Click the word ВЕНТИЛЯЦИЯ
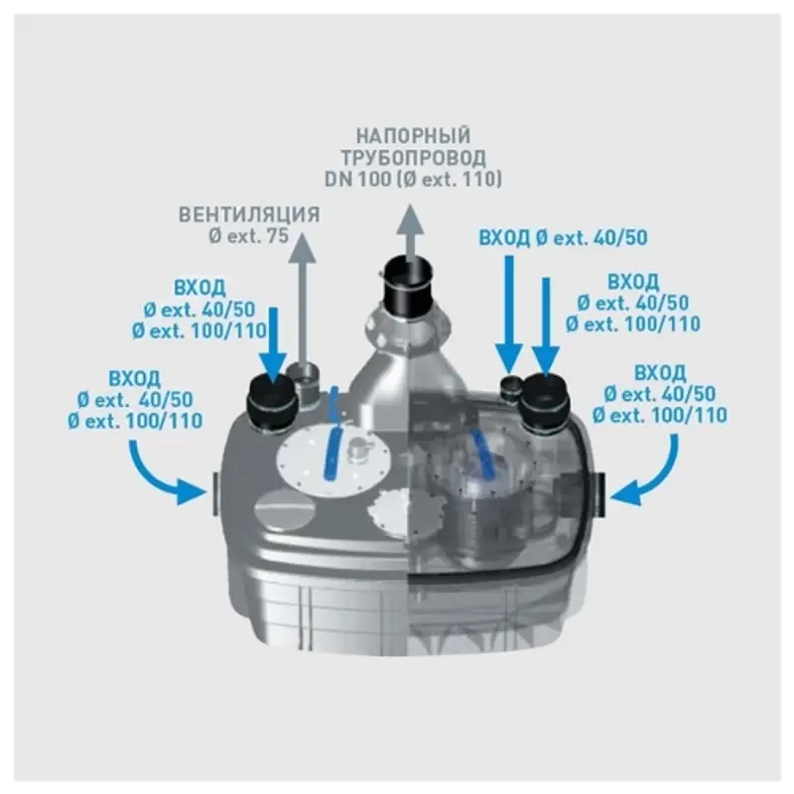pyautogui.click(x=249, y=214)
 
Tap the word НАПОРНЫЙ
pyautogui.click(x=413, y=136)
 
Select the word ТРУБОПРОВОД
pyautogui.click(x=413, y=158)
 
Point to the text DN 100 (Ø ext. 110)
pyautogui.click(x=413, y=180)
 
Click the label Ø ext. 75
pyautogui.click(x=249, y=236)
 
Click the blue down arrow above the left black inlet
pyautogui.click(x=274, y=344)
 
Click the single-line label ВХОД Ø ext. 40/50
pyautogui.click(x=563, y=237)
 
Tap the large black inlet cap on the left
pyautogui.click(x=269, y=403)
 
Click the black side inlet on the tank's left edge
pyautogui.click(x=213, y=492)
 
